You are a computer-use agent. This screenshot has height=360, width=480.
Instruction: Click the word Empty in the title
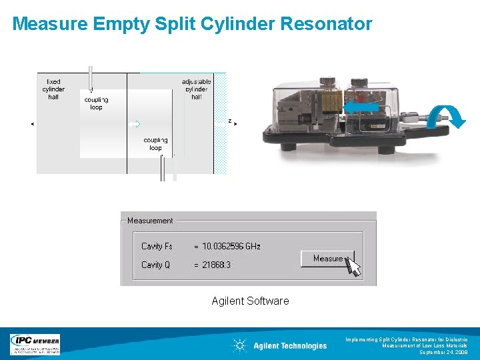tap(128, 24)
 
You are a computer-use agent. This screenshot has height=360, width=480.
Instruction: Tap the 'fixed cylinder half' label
tap(53, 89)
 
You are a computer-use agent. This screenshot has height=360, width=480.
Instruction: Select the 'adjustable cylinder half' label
tap(196, 89)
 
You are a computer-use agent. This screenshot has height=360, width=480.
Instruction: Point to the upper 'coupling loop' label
tap(96, 103)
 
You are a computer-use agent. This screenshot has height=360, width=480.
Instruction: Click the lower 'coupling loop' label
tap(155, 144)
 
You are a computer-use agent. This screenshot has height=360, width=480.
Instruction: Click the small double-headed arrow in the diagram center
tap(133, 124)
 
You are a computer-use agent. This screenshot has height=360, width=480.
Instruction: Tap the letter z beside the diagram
tap(230, 121)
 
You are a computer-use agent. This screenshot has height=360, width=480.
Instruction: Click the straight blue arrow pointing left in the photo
tap(361, 107)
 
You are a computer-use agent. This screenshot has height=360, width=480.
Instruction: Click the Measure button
tap(327, 259)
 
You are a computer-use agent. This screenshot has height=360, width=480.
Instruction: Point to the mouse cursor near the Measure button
tap(354, 267)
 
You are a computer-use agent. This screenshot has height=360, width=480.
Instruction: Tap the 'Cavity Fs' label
tap(157, 246)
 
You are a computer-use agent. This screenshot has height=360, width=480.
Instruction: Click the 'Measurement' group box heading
tap(150, 221)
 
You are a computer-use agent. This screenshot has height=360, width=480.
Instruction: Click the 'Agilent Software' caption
tap(250, 301)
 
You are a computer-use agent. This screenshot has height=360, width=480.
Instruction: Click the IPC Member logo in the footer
tap(35, 344)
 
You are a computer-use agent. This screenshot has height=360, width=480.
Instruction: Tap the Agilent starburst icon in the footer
tap(239, 345)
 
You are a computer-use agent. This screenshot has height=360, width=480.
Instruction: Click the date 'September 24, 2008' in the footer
tap(443, 352)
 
